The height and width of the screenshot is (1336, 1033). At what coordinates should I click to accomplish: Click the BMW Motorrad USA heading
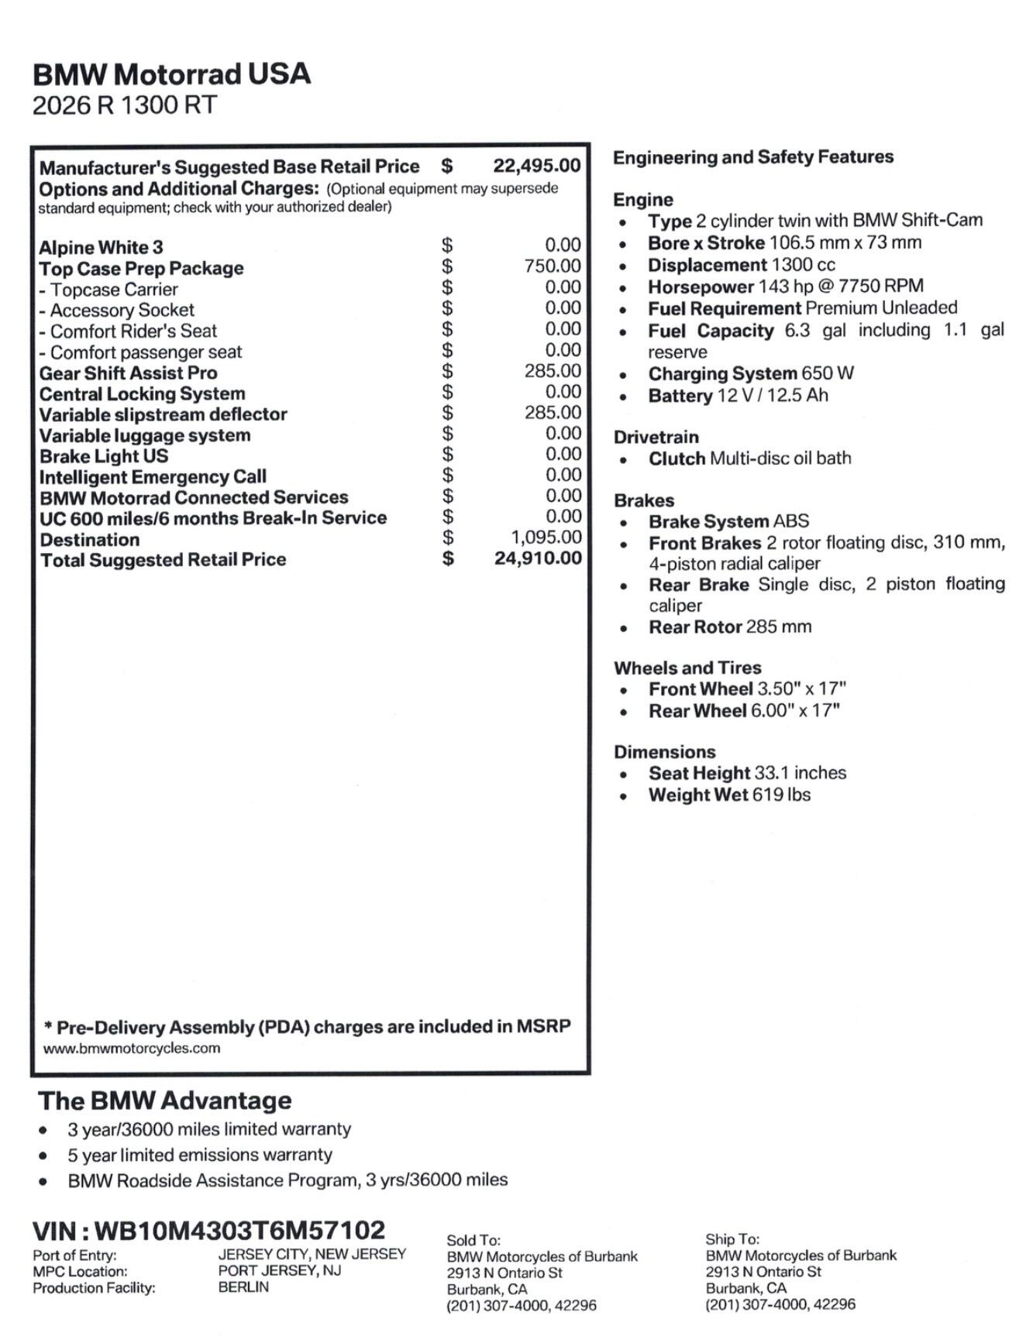pos(171,74)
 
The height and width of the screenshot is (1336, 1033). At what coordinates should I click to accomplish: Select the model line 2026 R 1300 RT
pos(124,105)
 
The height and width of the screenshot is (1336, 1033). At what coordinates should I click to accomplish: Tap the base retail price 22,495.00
pos(536,166)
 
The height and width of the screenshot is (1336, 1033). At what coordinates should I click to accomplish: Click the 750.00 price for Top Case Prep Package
pos(552,266)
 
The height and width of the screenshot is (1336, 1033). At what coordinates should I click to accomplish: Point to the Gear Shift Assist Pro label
pos(128,373)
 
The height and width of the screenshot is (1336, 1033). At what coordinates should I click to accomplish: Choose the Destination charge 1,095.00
pos(546,537)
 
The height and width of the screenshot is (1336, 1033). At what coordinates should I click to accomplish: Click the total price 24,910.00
pos(538,558)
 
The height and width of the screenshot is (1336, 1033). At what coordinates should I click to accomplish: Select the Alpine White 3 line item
pos(101,247)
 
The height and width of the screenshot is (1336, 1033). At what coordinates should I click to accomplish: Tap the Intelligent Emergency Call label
pos(153,476)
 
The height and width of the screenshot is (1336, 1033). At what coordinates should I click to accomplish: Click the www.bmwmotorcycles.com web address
pos(131,1049)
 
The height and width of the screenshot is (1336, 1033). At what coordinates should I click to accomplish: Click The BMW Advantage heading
pos(164,1100)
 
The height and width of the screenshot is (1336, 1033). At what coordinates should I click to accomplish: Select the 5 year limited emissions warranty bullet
pos(199,1155)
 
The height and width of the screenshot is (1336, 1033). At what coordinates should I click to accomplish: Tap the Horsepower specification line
pos(785,287)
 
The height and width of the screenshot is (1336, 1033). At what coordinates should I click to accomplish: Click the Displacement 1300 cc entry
pos(742,265)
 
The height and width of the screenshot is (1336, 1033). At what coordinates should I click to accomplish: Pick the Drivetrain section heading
pos(656,437)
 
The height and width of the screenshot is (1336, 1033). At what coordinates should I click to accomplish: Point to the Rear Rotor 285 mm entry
pos(729,627)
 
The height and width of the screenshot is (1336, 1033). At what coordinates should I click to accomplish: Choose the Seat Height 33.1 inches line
pos(747,773)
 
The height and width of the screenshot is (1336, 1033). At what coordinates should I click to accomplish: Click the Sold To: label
pos(473,1240)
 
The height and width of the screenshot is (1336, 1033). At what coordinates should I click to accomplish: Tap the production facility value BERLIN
pos(243,1286)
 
